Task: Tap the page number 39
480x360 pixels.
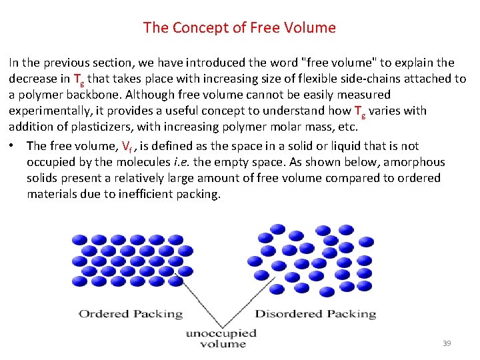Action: (x=447, y=343)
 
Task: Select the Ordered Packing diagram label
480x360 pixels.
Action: (x=131, y=313)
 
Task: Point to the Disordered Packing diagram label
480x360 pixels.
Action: (x=315, y=313)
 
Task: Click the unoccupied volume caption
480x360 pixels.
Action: (x=221, y=339)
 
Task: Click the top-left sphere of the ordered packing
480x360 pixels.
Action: (x=79, y=240)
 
